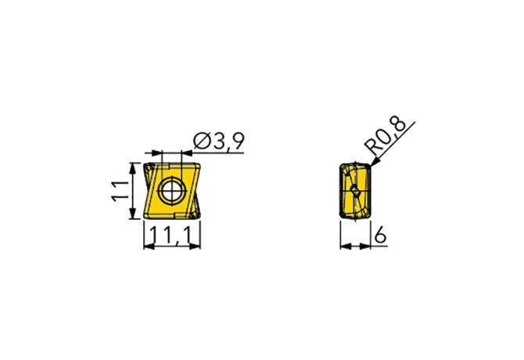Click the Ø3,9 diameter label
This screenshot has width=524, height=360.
[x=216, y=142]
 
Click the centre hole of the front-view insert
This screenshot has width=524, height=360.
[x=171, y=191]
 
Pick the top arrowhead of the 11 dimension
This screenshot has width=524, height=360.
[x=135, y=165]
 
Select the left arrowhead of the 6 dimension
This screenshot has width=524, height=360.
[x=344, y=247]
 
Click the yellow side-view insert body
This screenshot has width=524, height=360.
[x=347, y=192]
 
